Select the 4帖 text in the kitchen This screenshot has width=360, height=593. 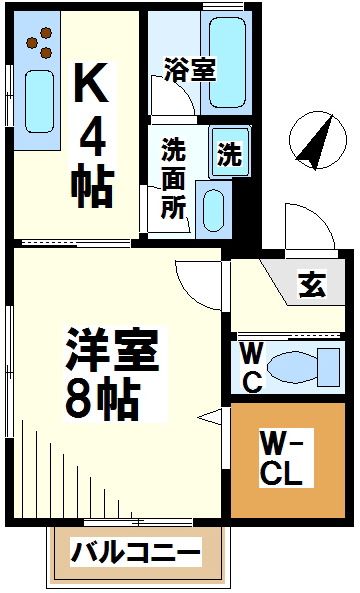pyautogui.click(x=93, y=160)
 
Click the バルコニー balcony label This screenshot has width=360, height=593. pyautogui.click(x=136, y=552)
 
